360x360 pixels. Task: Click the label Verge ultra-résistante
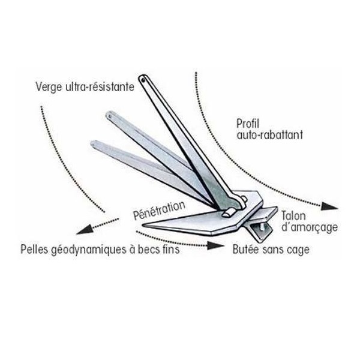[x=85, y=87]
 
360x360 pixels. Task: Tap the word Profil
[x=247, y=124]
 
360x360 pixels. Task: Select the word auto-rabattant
[x=269, y=135]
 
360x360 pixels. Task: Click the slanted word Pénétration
[x=160, y=210]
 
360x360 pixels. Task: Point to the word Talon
[x=293, y=216]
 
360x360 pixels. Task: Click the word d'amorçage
[x=310, y=227]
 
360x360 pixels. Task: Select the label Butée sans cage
[x=271, y=250]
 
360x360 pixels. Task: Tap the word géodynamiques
[x=89, y=250]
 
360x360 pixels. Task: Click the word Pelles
[x=34, y=249]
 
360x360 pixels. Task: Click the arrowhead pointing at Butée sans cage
[x=215, y=245]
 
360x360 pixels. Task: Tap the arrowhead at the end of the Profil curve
[x=329, y=206]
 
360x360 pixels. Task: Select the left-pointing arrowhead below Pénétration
[x=85, y=230]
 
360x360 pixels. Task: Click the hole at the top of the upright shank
[x=143, y=80]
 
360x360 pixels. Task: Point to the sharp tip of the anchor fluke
[x=142, y=224]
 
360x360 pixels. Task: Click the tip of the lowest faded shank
[x=92, y=144]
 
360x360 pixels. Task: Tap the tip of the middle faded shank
[x=109, y=115]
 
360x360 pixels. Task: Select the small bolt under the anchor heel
[x=262, y=227]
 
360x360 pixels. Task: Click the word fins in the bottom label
[x=171, y=249]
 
